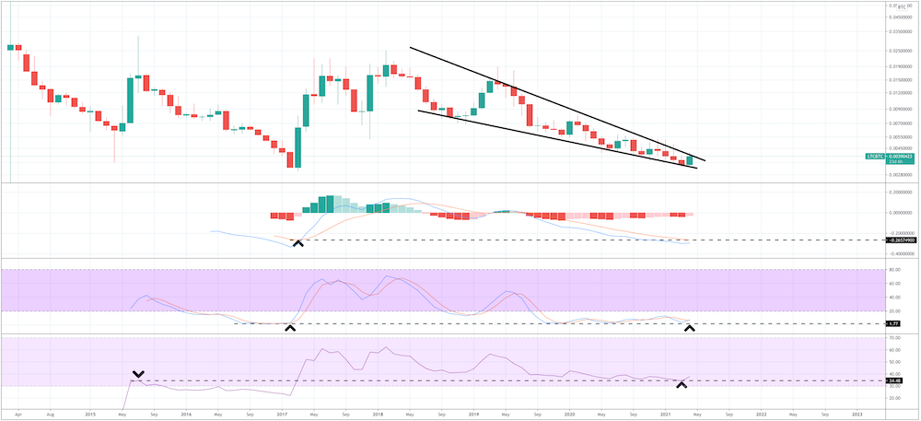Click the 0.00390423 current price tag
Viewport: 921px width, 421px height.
coord(897,157)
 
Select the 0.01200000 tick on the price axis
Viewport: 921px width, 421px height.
coord(900,93)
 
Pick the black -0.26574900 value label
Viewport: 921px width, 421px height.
coord(901,240)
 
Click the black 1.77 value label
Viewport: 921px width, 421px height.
coord(892,323)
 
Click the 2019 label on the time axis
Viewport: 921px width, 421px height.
coord(473,414)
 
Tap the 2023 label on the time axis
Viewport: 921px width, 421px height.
coord(857,414)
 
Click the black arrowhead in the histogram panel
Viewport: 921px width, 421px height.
coord(297,242)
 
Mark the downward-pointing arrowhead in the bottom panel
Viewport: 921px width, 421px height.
coord(138,374)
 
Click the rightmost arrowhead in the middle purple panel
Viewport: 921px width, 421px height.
coord(689,328)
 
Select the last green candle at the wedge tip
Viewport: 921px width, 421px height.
coord(689,160)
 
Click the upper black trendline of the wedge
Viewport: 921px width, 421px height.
coord(553,102)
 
